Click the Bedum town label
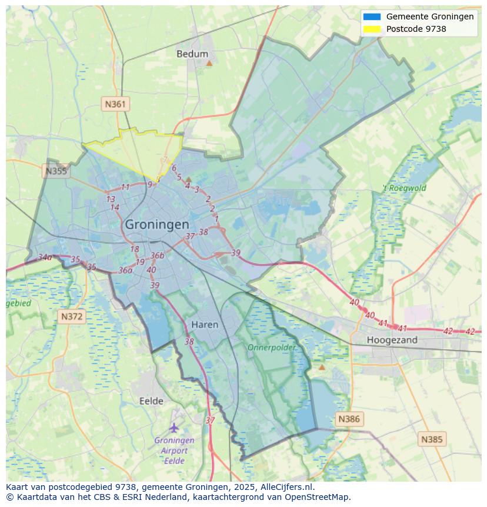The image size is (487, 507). click(192, 54)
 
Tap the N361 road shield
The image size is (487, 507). click(115, 104)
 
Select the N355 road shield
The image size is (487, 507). click(56, 171)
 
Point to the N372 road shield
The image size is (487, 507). click(72, 317)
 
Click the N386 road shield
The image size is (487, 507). click(348, 419)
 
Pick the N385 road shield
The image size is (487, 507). click(432, 439)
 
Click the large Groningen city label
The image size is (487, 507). click(157, 225)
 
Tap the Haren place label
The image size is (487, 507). click(205, 325)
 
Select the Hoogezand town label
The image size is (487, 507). click(392, 340)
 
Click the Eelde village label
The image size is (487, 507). click(151, 401)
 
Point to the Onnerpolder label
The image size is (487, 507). click(271, 348)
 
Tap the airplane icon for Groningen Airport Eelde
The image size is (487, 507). click(174, 427)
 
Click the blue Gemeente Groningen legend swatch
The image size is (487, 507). click(372, 17)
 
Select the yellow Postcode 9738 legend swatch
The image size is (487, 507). click(372, 29)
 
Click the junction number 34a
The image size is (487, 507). click(45, 257)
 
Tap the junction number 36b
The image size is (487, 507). click(157, 256)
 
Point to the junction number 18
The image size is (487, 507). click(135, 250)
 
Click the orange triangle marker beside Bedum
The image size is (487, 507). click(209, 62)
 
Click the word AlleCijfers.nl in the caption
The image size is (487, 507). click(288, 488)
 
